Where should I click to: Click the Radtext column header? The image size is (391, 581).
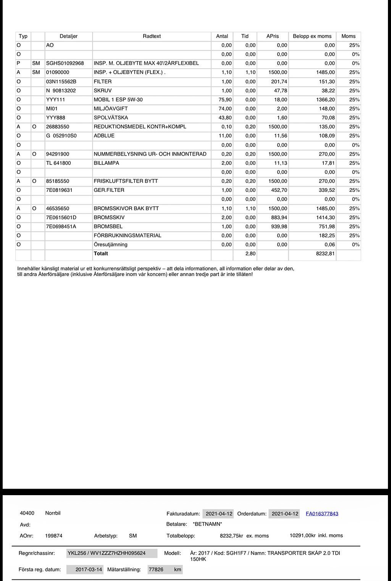(152, 36)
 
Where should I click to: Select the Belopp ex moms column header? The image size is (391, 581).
(312, 36)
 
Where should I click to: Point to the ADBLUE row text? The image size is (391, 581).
(104, 136)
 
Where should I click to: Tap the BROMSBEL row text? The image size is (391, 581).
(108, 227)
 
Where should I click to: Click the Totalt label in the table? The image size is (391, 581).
(101, 254)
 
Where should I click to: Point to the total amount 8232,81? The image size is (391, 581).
(325, 254)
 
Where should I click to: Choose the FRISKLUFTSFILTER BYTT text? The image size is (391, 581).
(126, 181)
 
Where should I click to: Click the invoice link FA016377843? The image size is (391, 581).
(322, 514)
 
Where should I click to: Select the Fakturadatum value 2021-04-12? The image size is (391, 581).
(219, 514)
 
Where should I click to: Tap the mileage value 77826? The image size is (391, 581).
(156, 570)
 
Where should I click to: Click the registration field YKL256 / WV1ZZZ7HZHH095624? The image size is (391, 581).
(107, 553)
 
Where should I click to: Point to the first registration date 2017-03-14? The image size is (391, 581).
(89, 570)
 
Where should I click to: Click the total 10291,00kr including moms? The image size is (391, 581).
(316, 536)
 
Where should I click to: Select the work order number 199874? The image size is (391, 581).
(53, 536)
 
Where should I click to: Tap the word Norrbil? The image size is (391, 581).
(53, 513)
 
